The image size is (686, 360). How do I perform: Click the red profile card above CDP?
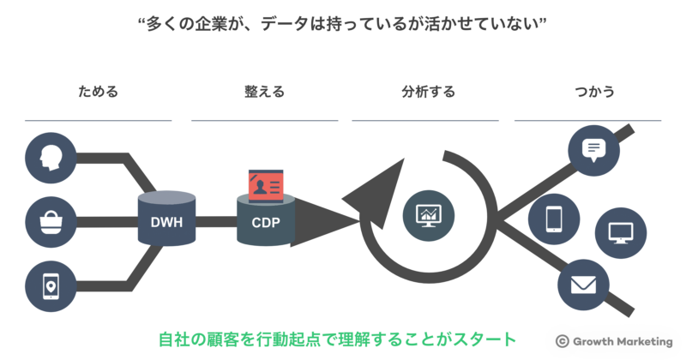[267, 183]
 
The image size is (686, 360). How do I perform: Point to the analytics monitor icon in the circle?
[427, 214]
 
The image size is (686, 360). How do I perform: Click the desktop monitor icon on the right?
[620, 232]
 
